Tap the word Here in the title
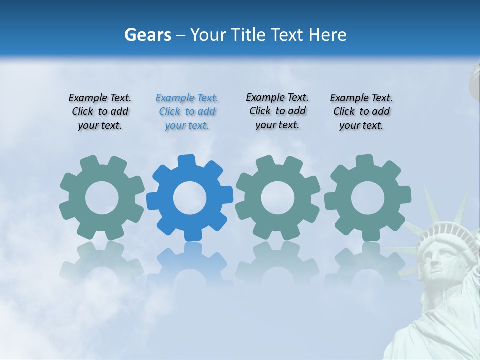328,35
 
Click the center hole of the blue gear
190,198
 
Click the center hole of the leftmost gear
102,198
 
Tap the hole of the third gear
278,198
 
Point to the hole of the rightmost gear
368,198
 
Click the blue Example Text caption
187,112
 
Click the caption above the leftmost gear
100,112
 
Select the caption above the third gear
277,111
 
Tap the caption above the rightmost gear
361,112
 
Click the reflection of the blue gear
190,265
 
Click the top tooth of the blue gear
186,161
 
